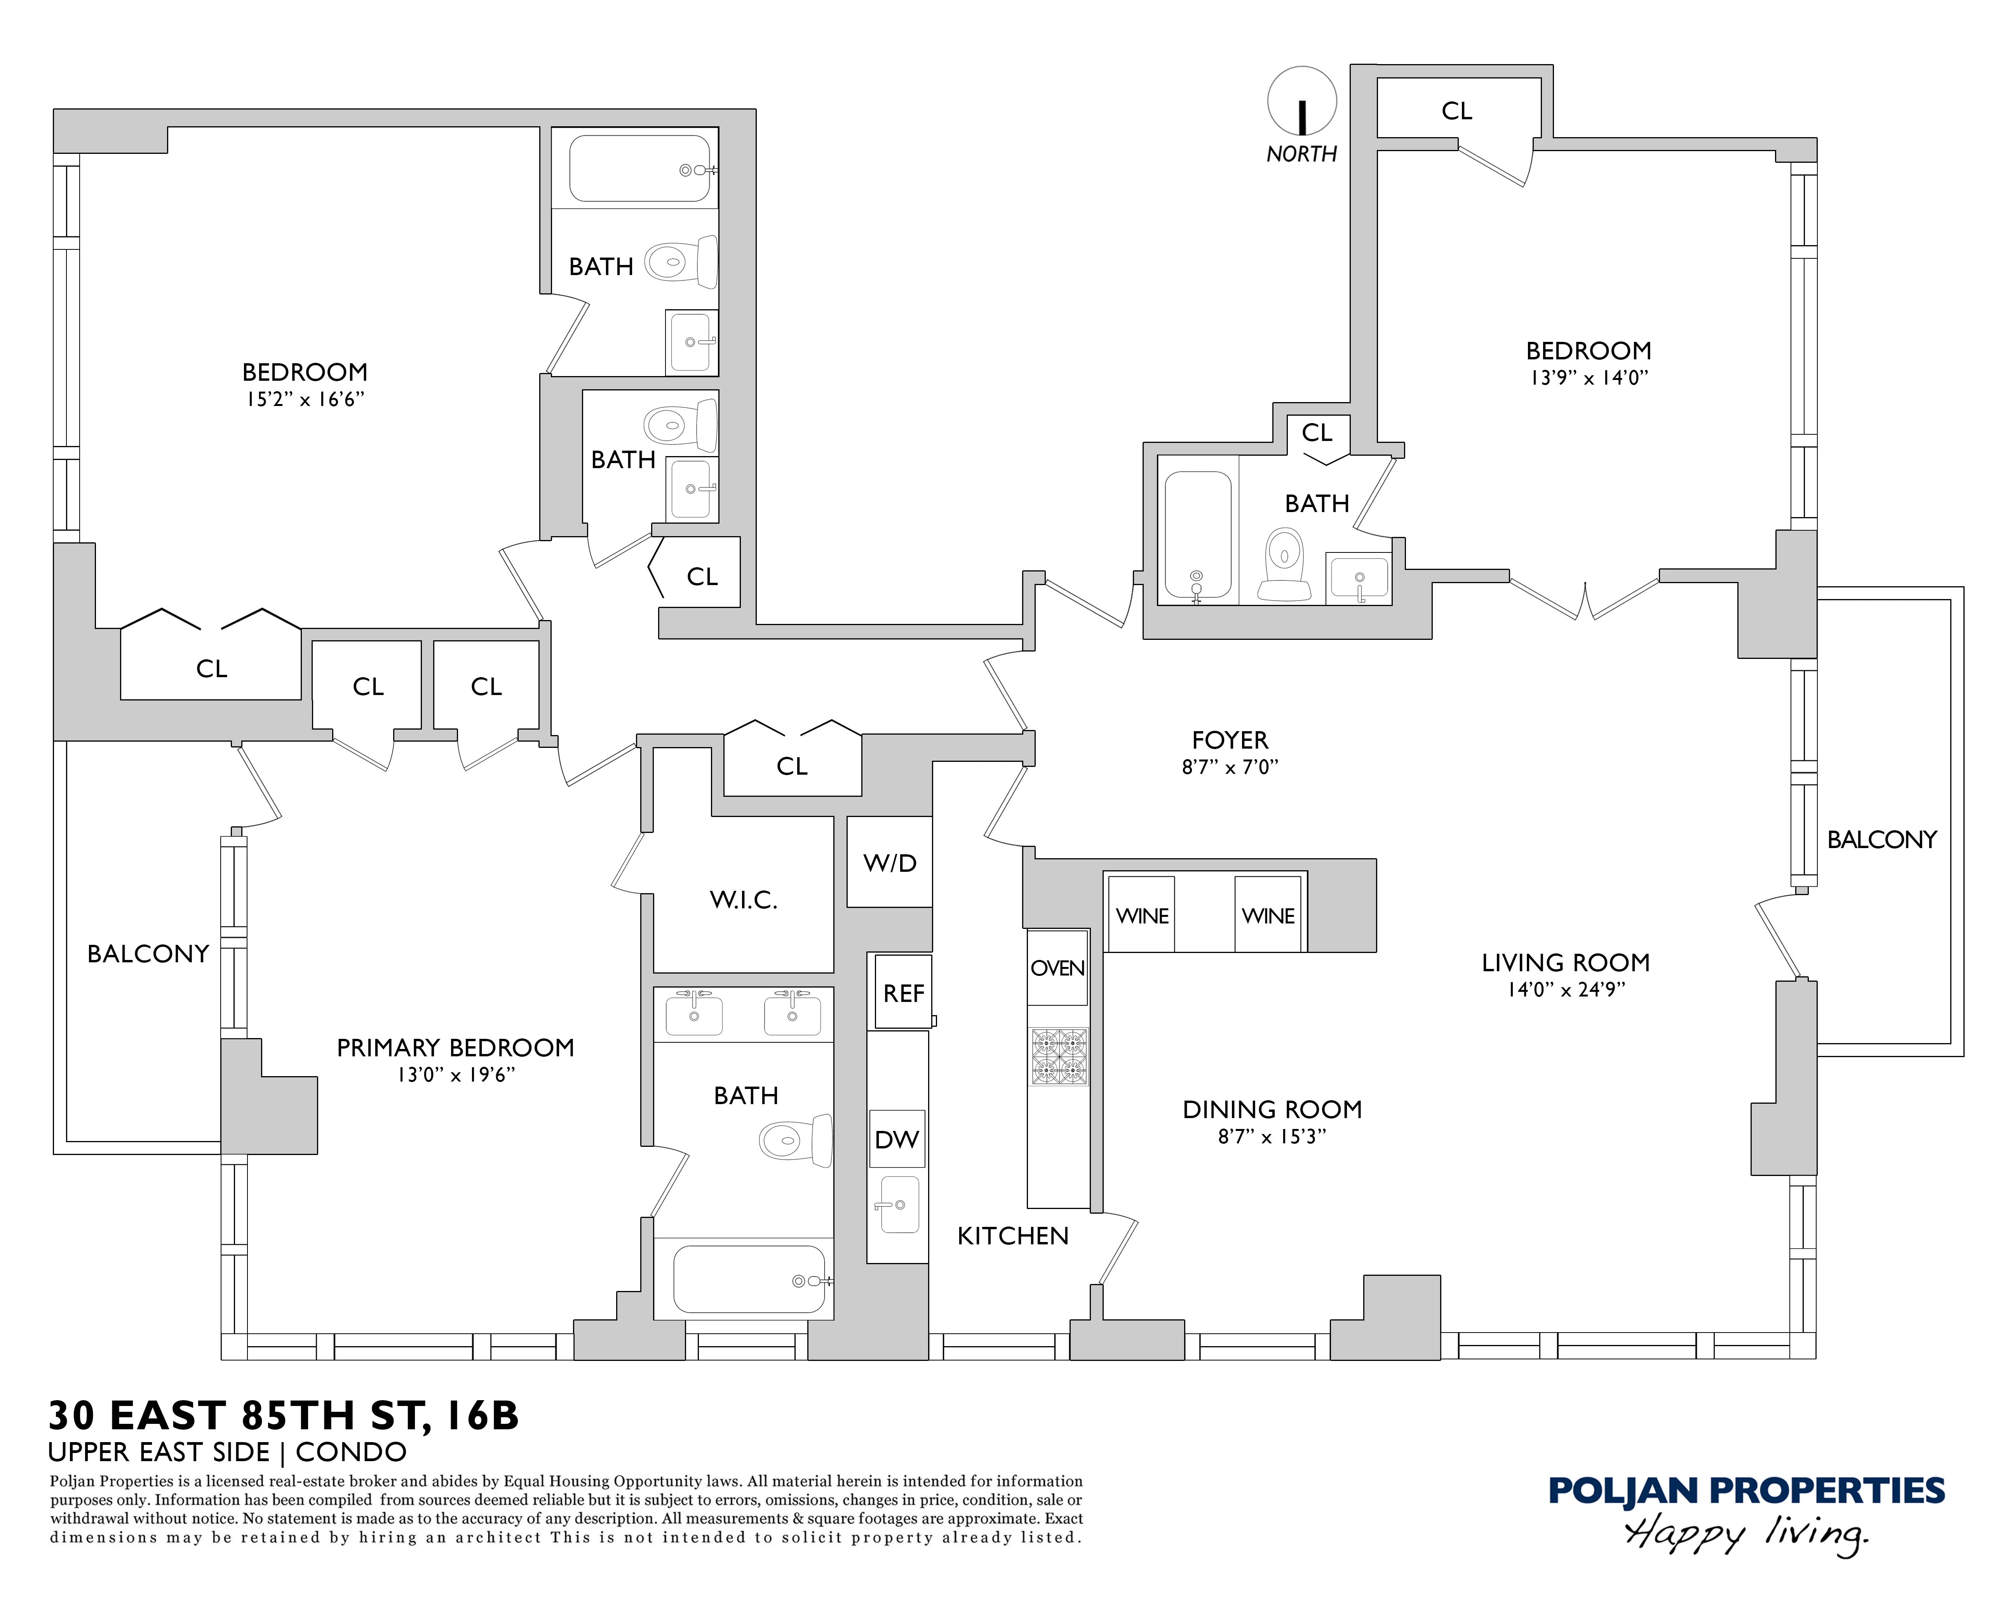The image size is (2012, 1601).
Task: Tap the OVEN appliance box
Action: point(1057,967)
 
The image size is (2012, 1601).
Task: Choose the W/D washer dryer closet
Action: point(889,862)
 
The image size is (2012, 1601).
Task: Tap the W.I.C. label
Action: point(743,900)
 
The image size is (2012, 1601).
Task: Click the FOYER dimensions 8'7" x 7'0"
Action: point(1229,767)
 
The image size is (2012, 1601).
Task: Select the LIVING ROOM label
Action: point(1565,963)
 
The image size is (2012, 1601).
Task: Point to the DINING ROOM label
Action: point(1272,1109)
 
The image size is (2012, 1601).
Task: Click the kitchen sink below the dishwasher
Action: point(899,1204)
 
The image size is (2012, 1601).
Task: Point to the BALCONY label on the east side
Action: point(1881,840)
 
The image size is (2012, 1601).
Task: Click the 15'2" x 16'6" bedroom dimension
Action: point(304,399)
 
